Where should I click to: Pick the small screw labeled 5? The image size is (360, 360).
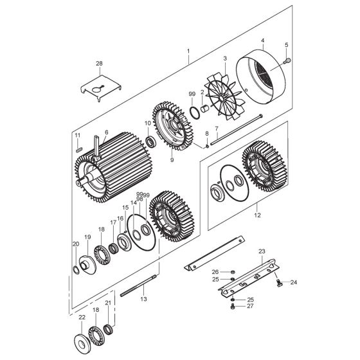click(x=287, y=61)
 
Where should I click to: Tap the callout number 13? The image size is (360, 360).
click(x=143, y=300)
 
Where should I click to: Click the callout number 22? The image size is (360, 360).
click(x=82, y=317)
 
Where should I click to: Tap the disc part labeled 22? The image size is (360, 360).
click(x=82, y=341)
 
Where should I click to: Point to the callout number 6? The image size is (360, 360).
click(x=106, y=132)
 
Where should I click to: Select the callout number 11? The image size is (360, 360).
click(x=77, y=135)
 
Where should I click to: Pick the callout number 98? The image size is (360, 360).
click(x=140, y=199)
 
